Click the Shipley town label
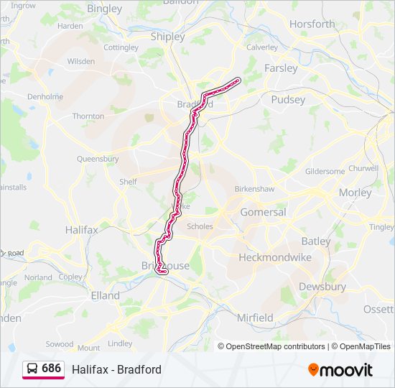click(x=167, y=37)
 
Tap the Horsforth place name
click(x=312, y=24)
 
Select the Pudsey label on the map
click(x=288, y=100)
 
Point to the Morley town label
click(x=355, y=193)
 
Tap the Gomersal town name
click(x=263, y=212)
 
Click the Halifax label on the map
click(x=81, y=231)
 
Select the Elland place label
click(x=105, y=295)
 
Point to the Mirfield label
click(x=255, y=317)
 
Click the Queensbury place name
click(x=98, y=158)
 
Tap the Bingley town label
click(x=104, y=9)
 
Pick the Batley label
click(x=315, y=241)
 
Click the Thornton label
click(x=88, y=116)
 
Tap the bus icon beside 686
click(x=32, y=369)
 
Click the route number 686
click(x=52, y=369)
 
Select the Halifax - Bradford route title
click(x=116, y=369)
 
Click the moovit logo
click(x=340, y=370)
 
